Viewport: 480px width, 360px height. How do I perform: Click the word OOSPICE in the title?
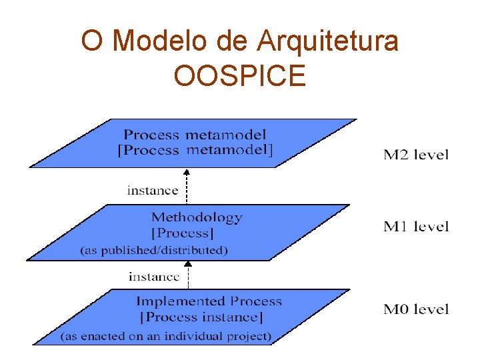(239, 75)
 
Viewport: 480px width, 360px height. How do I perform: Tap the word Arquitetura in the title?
(327, 41)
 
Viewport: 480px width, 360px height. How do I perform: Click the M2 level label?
(416, 155)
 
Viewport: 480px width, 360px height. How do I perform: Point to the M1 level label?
(416, 227)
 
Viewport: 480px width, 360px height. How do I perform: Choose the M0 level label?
(416, 309)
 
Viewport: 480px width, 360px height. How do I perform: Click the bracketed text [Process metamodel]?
(195, 150)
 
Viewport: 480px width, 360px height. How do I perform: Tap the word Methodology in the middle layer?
(197, 217)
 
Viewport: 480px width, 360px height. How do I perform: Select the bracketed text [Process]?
(183, 234)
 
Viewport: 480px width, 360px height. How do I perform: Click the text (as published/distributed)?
(154, 251)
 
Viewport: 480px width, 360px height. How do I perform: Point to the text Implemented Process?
(209, 301)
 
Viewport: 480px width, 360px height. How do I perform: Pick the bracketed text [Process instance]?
(201, 317)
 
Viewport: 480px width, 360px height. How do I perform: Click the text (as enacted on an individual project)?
(166, 336)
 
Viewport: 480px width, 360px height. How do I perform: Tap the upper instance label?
(153, 190)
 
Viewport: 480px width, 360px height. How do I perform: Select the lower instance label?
(154, 276)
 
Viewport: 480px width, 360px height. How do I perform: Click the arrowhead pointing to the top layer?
(187, 172)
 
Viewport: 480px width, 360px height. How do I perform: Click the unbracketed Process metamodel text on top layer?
(195, 135)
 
